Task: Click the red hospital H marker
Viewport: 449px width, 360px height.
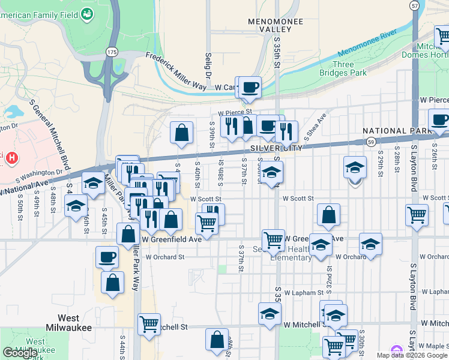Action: coord(11,158)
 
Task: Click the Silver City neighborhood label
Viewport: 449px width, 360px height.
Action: coord(273,148)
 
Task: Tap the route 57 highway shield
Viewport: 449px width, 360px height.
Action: coord(415,5)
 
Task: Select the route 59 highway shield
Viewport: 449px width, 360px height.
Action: coord(372,142)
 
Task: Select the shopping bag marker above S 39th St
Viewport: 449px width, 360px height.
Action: coord(181,132)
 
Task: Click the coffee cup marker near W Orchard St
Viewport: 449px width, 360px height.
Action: coord(107,257)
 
